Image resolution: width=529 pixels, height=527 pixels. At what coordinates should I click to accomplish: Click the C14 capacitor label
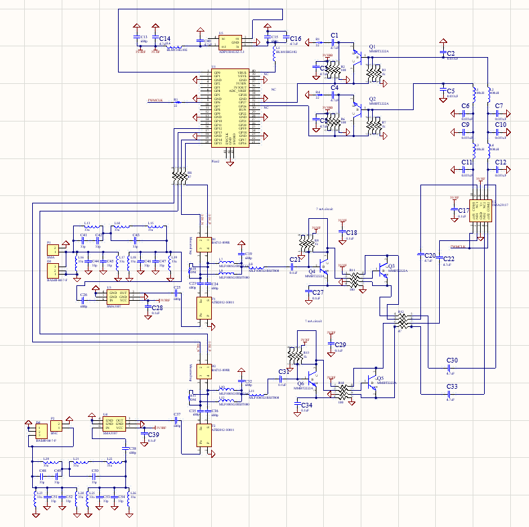164,39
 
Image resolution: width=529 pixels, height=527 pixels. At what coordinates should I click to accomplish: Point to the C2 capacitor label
451,52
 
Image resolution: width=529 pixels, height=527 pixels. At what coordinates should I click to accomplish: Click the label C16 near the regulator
295,39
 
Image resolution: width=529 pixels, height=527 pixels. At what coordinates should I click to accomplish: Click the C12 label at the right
500,162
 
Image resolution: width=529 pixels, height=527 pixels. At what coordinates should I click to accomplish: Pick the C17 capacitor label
463,210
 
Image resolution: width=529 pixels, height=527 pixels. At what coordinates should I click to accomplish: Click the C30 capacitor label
452,361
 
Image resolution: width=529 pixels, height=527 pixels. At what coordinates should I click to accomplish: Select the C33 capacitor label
452,387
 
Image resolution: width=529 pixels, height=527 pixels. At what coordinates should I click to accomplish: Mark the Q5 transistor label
380,379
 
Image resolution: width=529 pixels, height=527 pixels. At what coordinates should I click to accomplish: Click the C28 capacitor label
156,307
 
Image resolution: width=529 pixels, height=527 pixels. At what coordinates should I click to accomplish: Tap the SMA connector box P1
52,251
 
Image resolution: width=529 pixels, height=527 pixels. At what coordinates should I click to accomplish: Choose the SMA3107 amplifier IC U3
118,296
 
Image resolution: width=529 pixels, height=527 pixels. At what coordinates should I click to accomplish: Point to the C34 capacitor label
306,405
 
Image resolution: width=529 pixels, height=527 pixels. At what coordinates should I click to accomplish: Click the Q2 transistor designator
373,99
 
